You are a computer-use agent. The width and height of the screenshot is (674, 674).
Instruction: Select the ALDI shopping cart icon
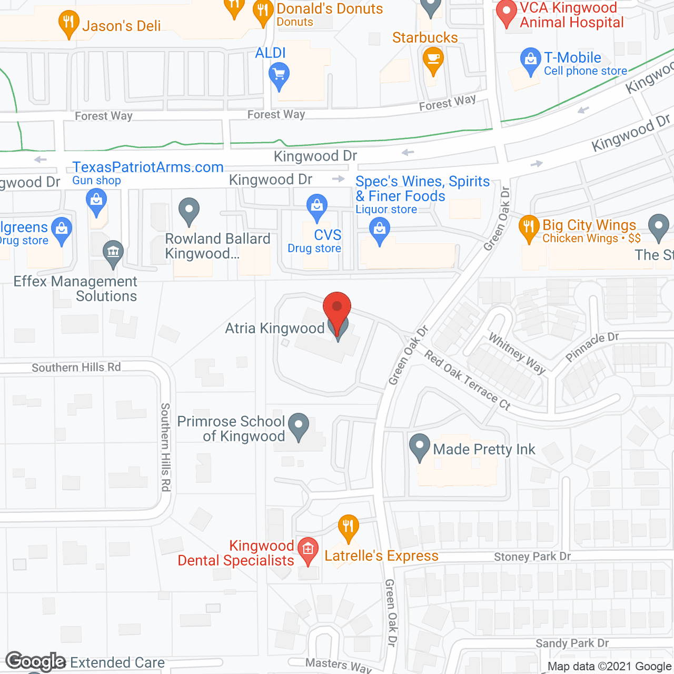coord(279,75)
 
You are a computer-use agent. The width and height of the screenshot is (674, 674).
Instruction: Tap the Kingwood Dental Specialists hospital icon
coord(308,549)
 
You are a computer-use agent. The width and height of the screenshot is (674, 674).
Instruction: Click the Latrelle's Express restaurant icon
coord(348,527)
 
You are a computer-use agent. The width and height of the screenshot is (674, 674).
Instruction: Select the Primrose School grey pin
coord(299,424)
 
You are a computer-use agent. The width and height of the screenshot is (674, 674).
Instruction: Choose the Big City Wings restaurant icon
coord(529,227)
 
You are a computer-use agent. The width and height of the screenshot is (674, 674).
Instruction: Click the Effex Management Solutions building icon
coord(113,252)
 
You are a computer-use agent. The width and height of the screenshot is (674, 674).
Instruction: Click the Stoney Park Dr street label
coord(532,557)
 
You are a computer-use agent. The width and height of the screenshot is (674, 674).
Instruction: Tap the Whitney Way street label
coord(517,353)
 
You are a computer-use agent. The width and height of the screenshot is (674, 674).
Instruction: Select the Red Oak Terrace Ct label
coord(468,381)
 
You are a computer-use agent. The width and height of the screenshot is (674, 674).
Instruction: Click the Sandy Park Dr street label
coord(572,643)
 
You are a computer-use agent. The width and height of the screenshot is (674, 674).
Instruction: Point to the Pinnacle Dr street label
coord(592,347)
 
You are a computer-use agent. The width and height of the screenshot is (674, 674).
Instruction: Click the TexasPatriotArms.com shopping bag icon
coord(96,201)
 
